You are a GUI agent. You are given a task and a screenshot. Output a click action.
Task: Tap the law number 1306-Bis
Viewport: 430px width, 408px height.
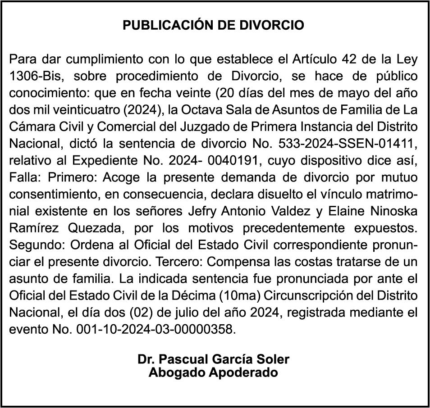35,76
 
